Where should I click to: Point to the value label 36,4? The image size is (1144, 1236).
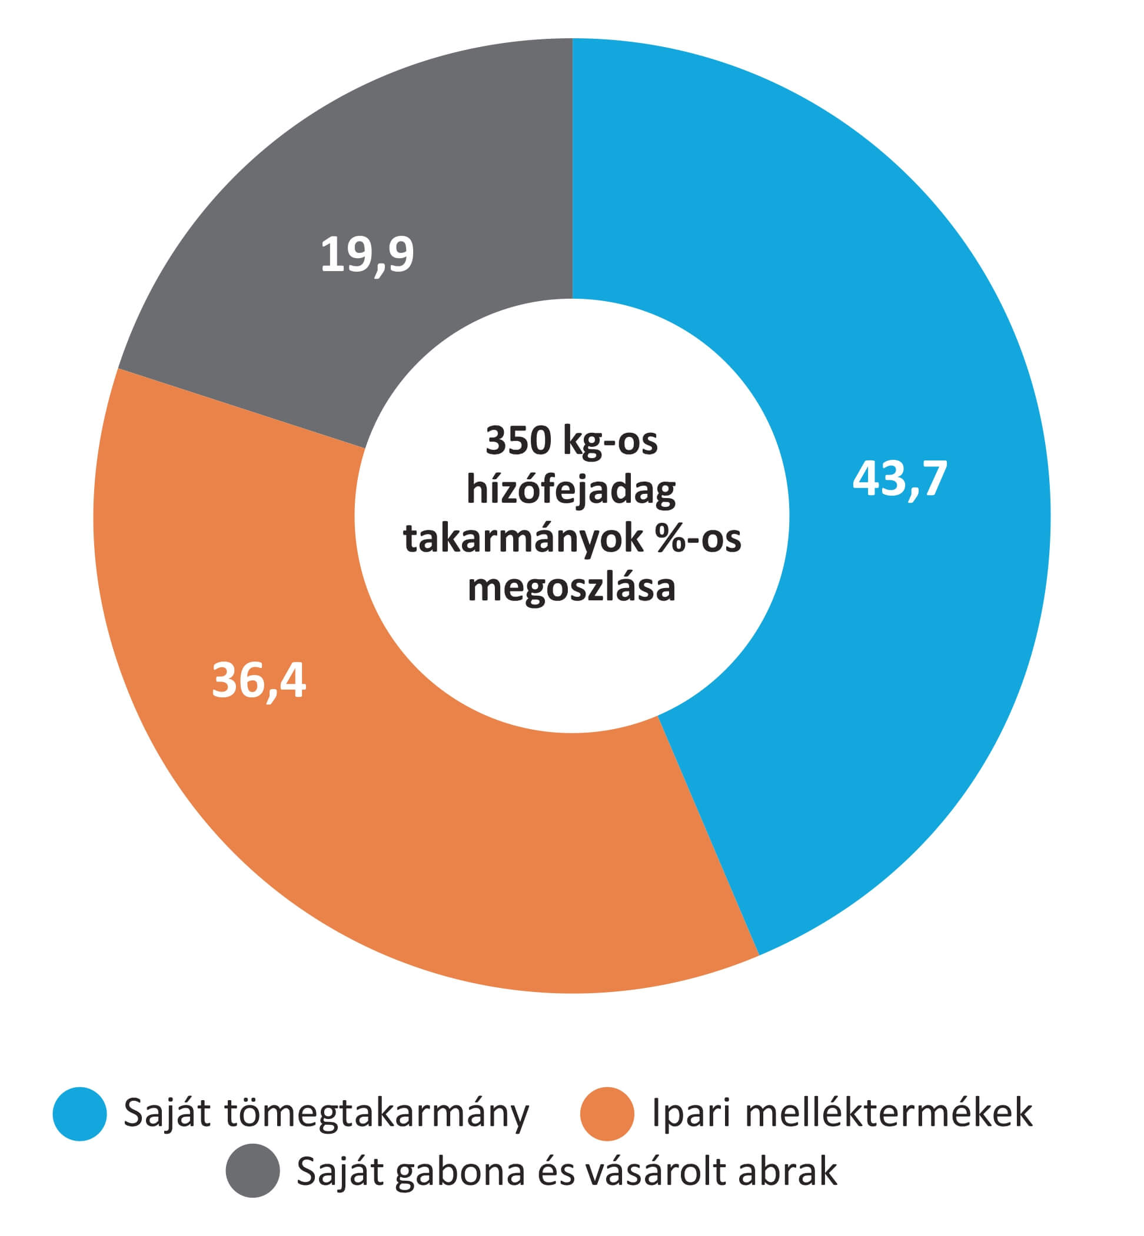(x=259, y=680)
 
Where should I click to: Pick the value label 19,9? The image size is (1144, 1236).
(x=367, y=254)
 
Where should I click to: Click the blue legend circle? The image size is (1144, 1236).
(x=80, y=1114)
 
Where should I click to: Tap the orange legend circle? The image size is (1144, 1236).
(x=607, y=1114)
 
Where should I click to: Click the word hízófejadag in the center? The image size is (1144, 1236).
(x=571, y=490)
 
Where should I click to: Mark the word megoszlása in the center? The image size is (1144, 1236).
(x=571, y=586)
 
